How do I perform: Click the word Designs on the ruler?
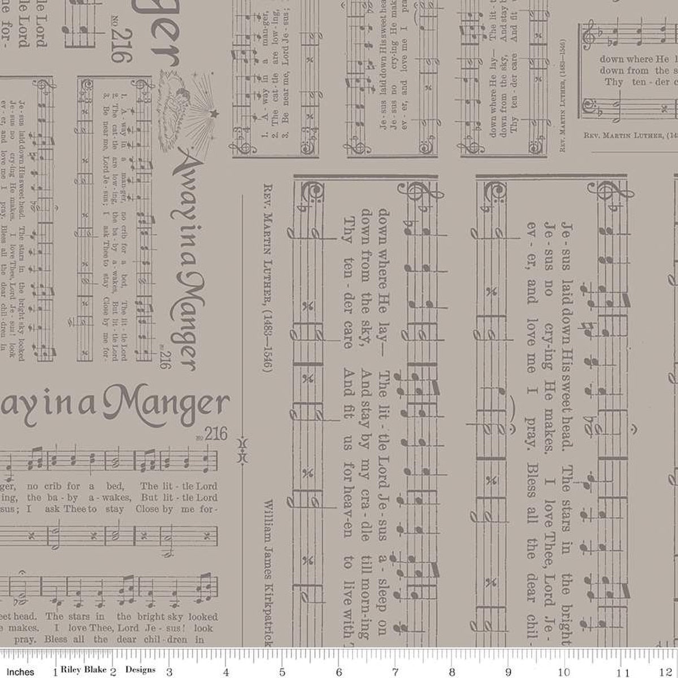[x=140, y=670]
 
